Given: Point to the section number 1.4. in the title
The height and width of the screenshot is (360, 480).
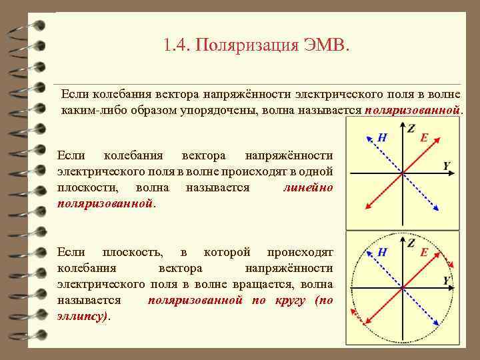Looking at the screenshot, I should coord(177,46).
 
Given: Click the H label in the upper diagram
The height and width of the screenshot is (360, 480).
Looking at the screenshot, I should coord(382,138).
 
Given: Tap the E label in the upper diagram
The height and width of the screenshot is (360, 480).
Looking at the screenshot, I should coord(424,139).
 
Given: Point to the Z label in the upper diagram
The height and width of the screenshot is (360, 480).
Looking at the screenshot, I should coord(411,127).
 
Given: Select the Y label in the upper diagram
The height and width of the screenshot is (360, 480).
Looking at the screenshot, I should coord(447,165).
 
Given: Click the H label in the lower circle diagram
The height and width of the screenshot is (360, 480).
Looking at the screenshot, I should coord(382,252).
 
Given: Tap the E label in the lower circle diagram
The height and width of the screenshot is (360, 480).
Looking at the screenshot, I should coord(424,253).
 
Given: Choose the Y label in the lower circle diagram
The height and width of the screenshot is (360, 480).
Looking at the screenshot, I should coord(447,280).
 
